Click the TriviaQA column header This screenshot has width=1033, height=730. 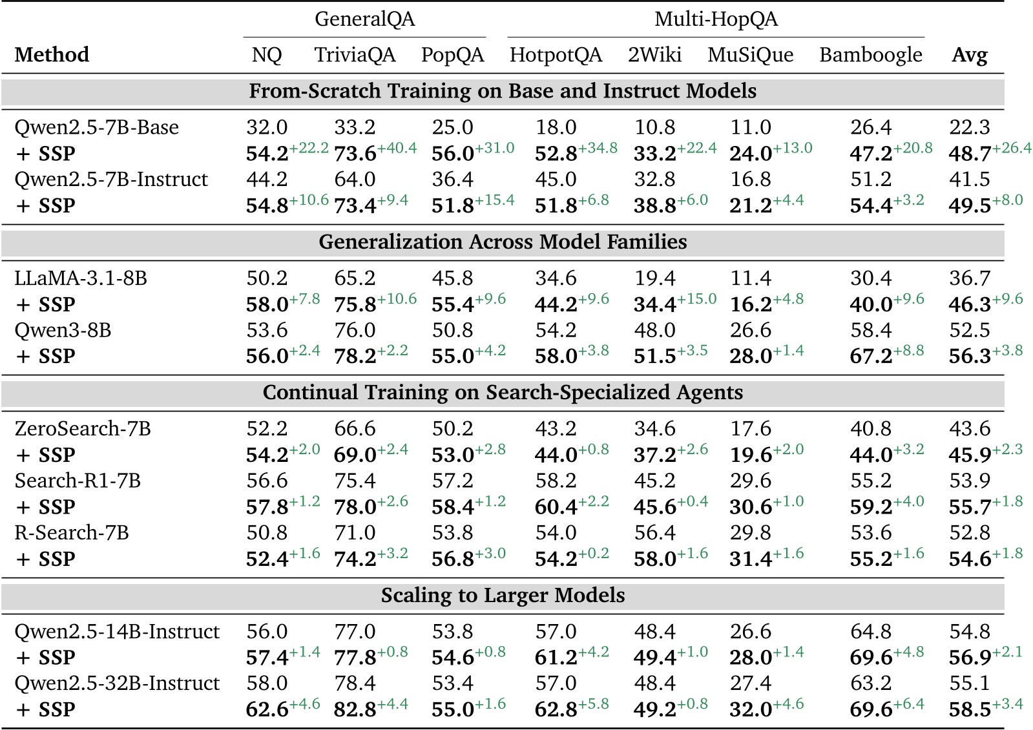[x=355, y=55]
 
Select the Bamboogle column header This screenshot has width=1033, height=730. [x=870, y=55]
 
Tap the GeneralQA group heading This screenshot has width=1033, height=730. [x=364, y=19]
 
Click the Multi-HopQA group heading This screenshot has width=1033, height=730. [x=716, y=19]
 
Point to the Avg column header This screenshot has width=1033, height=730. [x=969, y=55]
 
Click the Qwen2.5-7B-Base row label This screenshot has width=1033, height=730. [x=96, y=127]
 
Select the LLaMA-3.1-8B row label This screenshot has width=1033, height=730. [x=81, y=278]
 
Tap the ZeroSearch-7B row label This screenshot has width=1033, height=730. [x=83, y=429]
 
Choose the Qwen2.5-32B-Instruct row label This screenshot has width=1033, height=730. [x=117, y=683]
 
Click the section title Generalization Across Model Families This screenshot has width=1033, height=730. [x=503, y=242]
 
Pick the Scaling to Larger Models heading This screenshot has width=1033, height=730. [x=503, y=595]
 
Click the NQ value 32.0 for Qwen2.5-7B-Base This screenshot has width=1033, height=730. [x=267, y=127]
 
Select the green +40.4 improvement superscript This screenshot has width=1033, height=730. [x=397, y=148]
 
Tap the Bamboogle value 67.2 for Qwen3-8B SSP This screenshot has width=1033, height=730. [x=871, y=356]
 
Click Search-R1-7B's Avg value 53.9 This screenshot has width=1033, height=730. [x=969, y=481]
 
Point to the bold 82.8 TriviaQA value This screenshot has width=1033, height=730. [x=355, y=709]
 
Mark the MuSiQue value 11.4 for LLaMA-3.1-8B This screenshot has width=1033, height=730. [x=750, y=278]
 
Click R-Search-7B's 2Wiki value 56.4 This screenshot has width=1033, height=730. [x=654, y=533]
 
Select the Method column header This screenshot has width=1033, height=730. [x=52, y=55]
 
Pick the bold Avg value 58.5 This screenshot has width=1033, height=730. [x=970, y=709]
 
